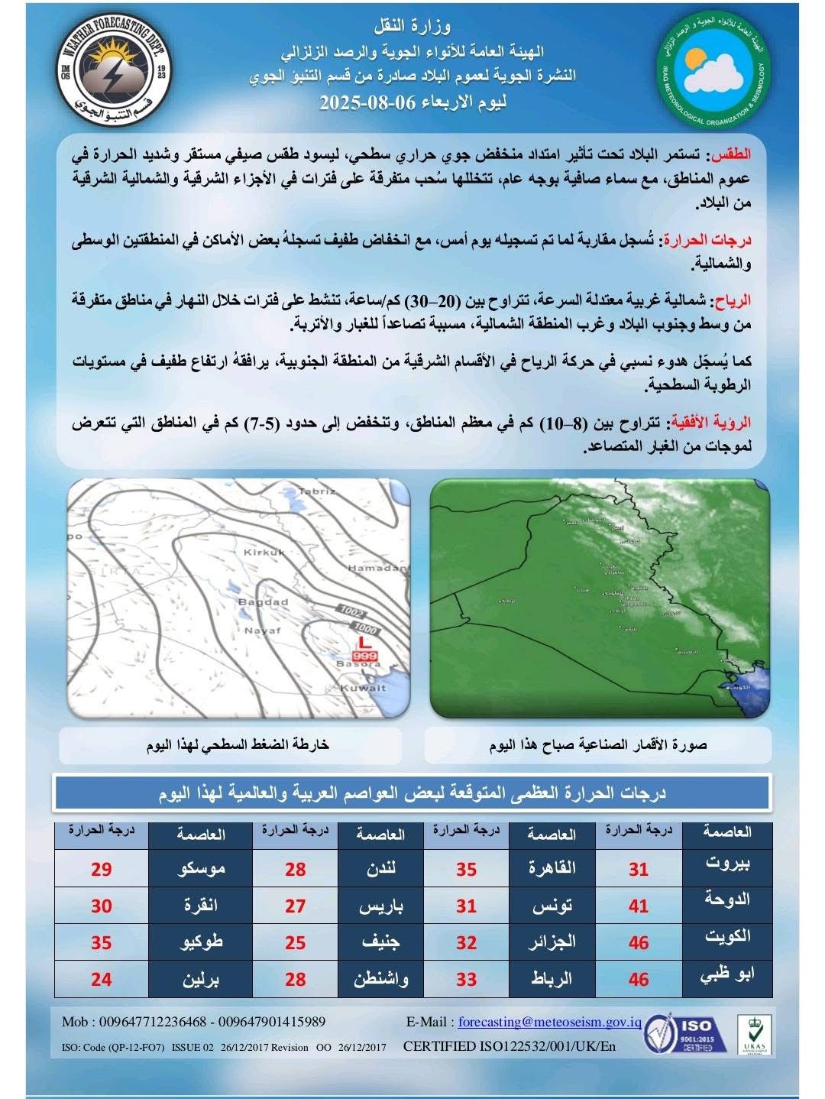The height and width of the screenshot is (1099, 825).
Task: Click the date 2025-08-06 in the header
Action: (367, 101)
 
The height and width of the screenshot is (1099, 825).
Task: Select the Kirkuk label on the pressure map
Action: (264, 551)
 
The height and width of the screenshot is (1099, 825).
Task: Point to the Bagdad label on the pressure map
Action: (264, 601)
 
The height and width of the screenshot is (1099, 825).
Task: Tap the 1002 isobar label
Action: (351, 611)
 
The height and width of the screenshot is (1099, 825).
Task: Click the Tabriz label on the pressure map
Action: (319, 491)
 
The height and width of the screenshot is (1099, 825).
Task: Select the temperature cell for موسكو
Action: (102, 869)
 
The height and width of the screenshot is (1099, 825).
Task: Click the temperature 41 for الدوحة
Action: (639, 906)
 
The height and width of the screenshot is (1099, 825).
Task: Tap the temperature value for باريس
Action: (296, 906)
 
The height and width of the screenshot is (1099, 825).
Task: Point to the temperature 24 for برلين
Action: (102, 979)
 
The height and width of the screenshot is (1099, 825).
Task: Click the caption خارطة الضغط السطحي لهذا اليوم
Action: (238, 744)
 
